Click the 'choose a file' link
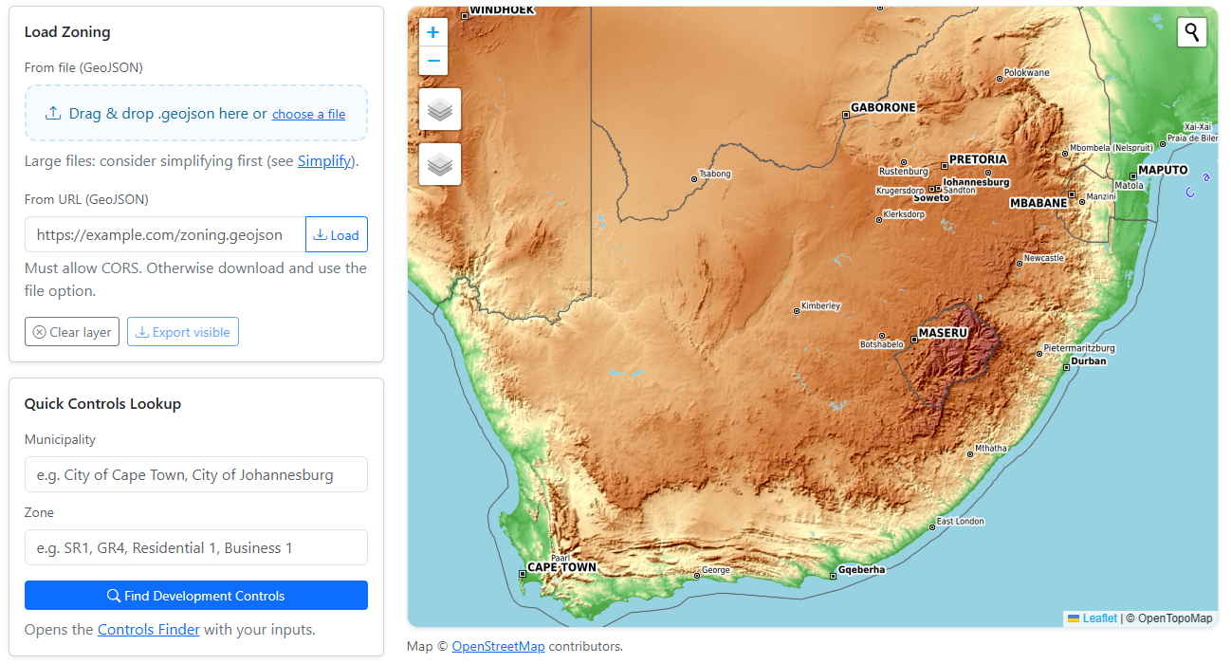[308, 114]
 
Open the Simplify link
[324, 161]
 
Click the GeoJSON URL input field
[165, 235]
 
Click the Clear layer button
[72, 332]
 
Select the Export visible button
[183, 332]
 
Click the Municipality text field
[195, 474]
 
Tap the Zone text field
[195, 547]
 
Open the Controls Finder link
[149, 629]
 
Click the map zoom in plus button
[433, 32]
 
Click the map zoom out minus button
[433, 61]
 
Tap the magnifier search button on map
[1192, 32]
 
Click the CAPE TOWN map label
[561, 567]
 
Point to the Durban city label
[1088, 361]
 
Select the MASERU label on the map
[942, 334]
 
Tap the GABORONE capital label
[883, 108]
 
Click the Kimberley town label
[820, 306]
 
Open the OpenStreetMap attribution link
[498, 646]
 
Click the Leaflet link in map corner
[1099, 618]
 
